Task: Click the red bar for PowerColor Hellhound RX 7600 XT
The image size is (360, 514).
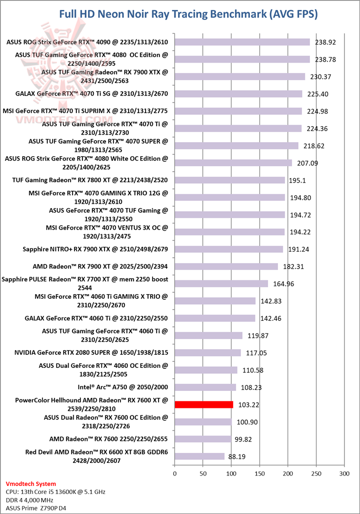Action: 203,404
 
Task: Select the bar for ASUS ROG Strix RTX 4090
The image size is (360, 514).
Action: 242,42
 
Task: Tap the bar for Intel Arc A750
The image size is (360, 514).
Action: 205,387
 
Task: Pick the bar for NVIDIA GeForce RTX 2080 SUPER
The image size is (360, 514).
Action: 207,353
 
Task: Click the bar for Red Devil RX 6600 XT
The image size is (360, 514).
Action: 199,456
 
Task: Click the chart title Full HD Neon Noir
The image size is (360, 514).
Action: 188,15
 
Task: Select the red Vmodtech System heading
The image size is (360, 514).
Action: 30,484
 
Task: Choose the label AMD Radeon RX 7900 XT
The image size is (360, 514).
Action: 100,266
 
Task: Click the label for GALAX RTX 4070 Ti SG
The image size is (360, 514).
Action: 91,94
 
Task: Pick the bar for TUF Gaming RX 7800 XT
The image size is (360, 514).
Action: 229,180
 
